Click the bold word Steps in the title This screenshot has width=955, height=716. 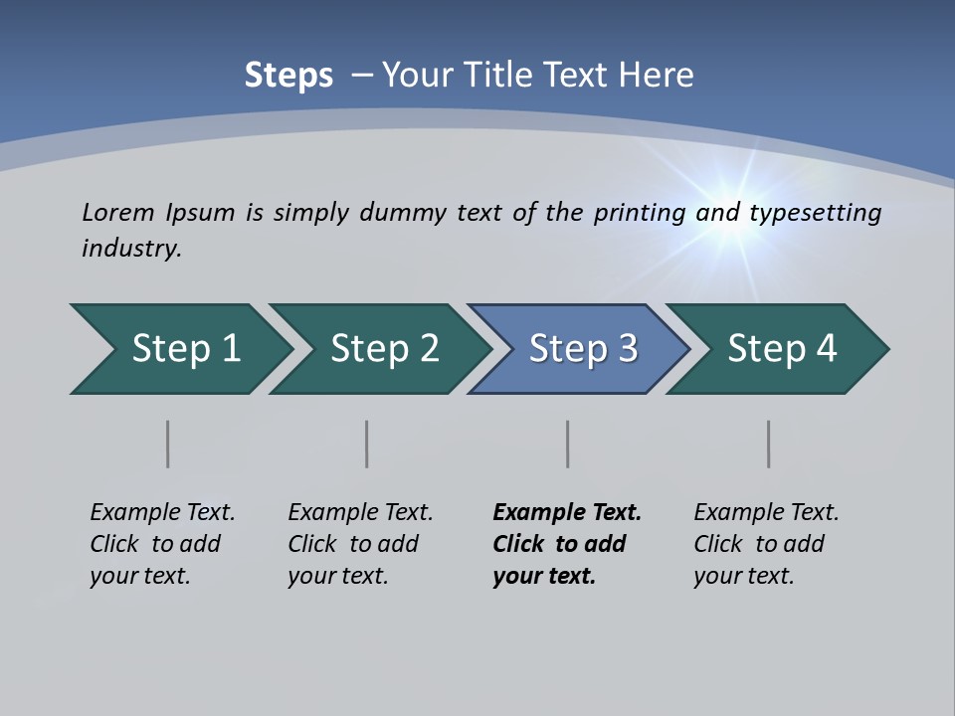pos(288,76)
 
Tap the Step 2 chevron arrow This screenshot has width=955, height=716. pos(384,349)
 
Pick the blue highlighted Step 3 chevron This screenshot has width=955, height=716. pos(583,349)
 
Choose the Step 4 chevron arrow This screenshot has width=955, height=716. pos(782,349)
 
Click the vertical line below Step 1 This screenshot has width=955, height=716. pos(168,444)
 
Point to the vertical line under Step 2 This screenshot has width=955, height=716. pos(367,444)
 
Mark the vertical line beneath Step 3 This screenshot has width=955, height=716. pos(568,444)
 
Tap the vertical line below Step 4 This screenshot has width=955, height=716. pos(769,444)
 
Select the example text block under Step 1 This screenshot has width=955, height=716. pos(162,544)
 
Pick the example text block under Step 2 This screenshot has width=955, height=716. pos(360,544)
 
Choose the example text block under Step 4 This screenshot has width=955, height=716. pos(766,544)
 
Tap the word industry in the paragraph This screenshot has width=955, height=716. pos(130,249)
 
